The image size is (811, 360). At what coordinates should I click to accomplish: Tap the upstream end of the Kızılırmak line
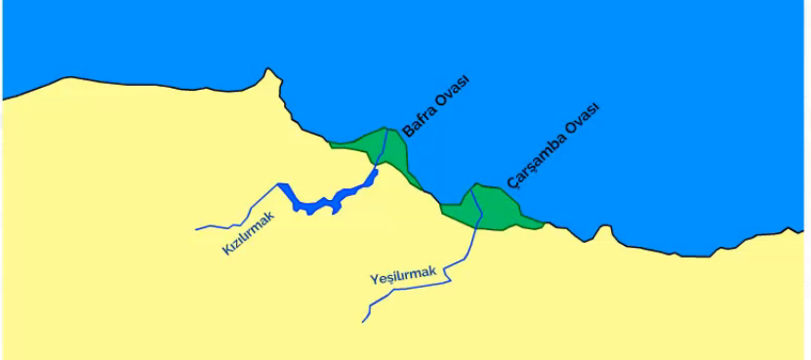pos(197,229)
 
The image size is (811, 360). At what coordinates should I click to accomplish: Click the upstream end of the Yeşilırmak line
pos(363,321)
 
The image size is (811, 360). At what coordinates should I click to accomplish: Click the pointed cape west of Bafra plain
pos(268,70)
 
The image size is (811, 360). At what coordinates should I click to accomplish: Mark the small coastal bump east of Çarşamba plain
pos(605,228)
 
